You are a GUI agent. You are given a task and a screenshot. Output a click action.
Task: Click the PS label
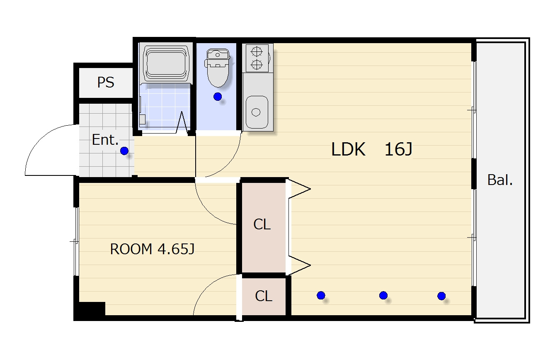(x=106, y=82)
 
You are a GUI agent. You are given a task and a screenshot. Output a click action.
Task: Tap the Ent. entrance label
(x=105, y=140)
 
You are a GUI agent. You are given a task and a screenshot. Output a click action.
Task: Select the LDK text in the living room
(x=348, y=149)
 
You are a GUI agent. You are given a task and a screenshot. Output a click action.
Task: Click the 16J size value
(x=398, y=149)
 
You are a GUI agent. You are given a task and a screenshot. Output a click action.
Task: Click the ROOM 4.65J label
(x=152, y=249)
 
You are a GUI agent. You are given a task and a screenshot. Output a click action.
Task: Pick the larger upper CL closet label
(x=262, y=224)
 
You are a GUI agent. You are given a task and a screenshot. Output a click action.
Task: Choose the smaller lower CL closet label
(x=264, y=296)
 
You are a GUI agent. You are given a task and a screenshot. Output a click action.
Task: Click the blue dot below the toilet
(x=218, y=97)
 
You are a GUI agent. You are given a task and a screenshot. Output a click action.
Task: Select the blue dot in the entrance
(x=124, y=151)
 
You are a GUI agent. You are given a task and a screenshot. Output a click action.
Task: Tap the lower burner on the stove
(x=257, y=65)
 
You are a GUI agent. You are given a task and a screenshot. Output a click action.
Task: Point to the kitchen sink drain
(x=256, y=112)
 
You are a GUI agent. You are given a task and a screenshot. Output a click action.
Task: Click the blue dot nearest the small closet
(x=321, y=295)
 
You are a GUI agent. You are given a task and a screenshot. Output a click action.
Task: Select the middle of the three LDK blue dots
(x=383, y=295)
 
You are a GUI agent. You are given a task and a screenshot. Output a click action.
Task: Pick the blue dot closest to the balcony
(x=441, y=296)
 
